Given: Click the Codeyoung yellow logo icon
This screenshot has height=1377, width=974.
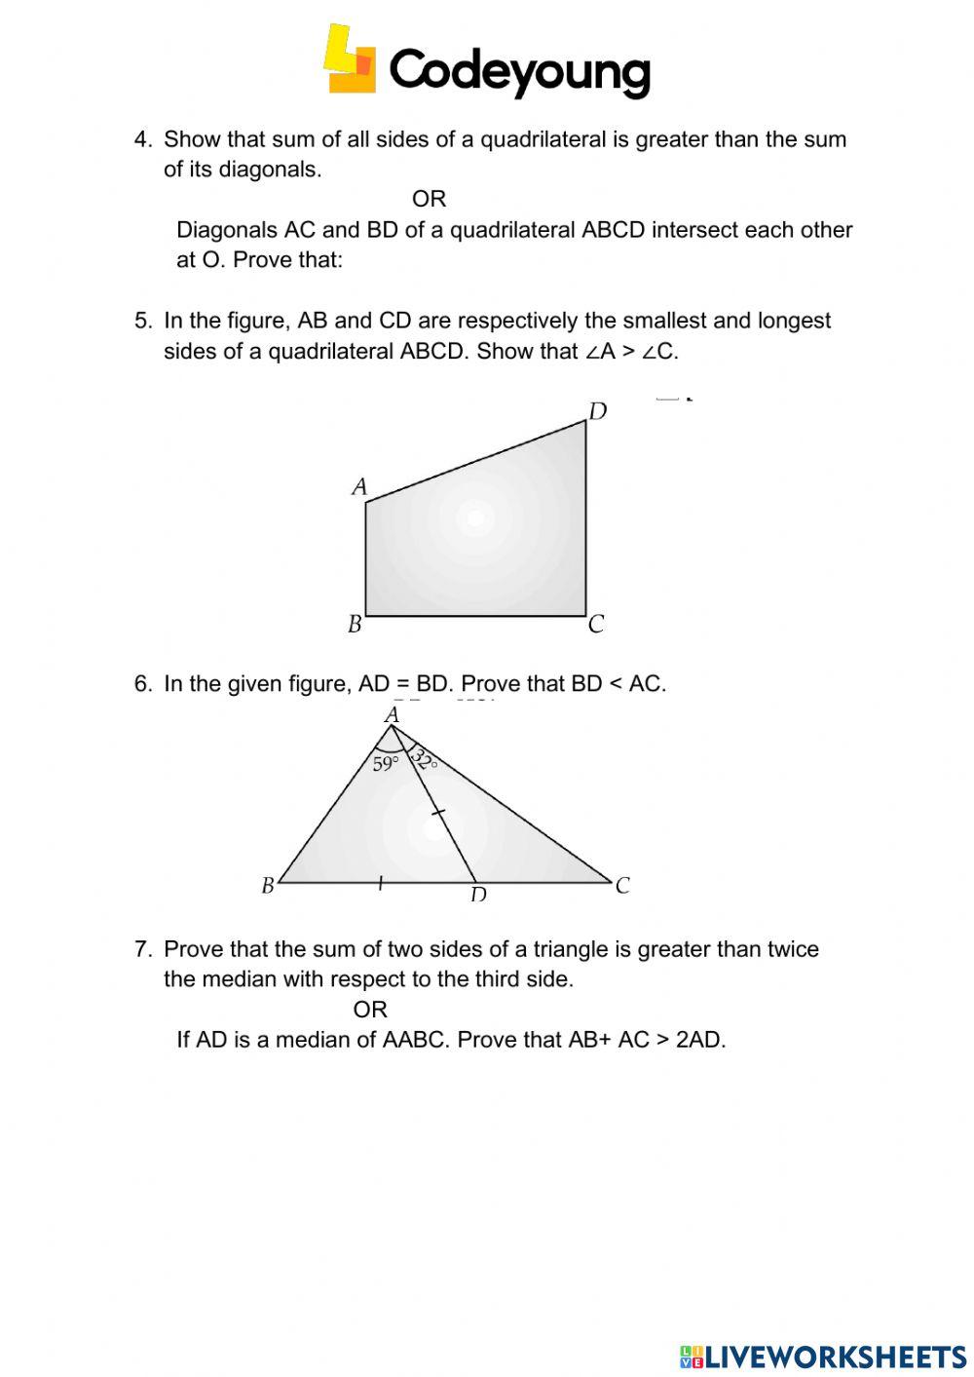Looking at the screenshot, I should (x=349, y=60).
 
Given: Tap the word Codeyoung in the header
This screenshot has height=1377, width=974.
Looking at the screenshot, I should (x=519, y=71).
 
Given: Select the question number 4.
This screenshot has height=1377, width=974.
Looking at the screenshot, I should (x=142, y=139).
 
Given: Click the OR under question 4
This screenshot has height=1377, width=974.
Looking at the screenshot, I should (x=429, y=199).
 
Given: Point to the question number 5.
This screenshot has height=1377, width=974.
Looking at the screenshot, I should (x=142, y=321).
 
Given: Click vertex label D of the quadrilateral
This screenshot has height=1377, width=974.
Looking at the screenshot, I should (x=598, y=411).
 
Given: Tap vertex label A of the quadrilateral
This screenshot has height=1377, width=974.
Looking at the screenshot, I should (x=359, y=486).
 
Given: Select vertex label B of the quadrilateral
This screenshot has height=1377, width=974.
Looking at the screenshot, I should (x=355, y=624).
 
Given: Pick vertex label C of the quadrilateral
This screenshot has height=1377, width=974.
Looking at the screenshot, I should (x=597, y=624).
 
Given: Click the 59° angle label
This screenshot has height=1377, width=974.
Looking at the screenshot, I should (x=386, y=763).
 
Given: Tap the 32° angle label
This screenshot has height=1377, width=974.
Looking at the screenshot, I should (x=424, y=759).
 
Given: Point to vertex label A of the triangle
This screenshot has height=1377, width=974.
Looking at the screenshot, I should (x=393, y=715).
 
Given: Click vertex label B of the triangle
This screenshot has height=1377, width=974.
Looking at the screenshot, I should (x=268, y=886).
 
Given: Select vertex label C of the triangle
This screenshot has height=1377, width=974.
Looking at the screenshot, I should (x=622, y=885).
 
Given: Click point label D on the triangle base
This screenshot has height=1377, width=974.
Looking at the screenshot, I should (x=478, y=894).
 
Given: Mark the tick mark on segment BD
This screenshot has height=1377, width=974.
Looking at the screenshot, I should (x=380, y=883).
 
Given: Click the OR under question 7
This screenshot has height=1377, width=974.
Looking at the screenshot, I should (x=370, y=1010).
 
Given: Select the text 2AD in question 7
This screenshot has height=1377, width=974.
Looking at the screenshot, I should (x=699, y=1040).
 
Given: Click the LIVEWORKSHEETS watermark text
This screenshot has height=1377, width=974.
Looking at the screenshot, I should (x=836, y=1356).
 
